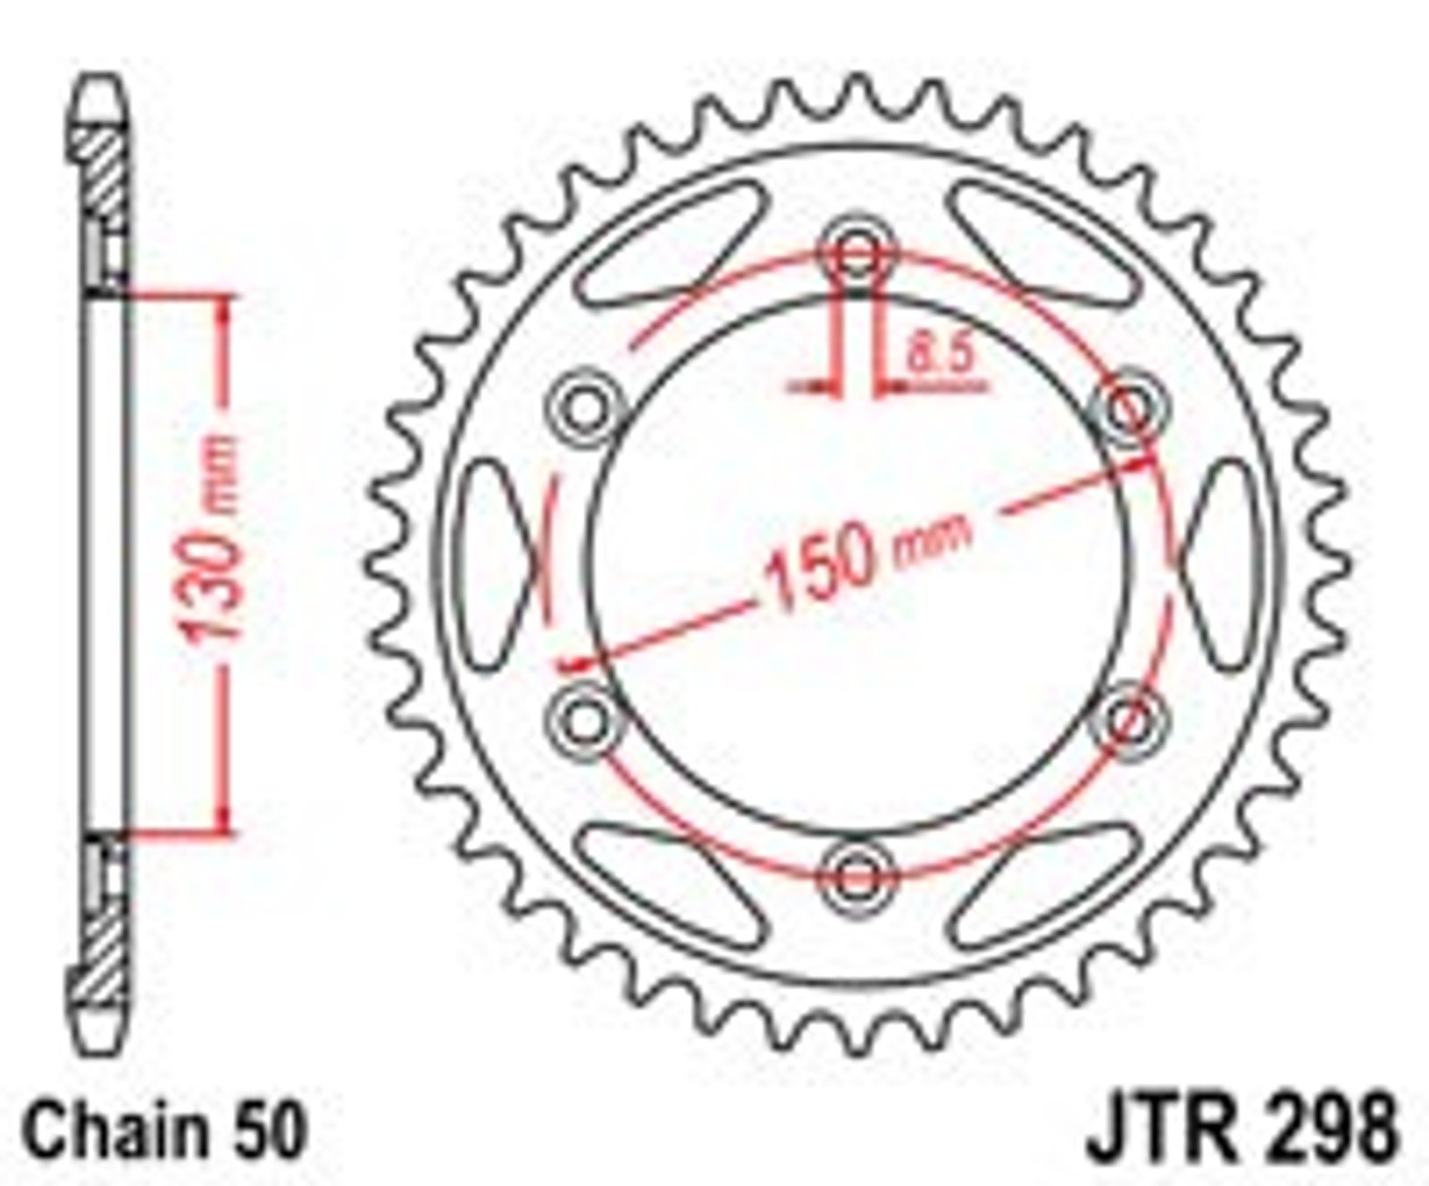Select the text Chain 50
coord(166,1131)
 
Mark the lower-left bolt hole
coord(585,719)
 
